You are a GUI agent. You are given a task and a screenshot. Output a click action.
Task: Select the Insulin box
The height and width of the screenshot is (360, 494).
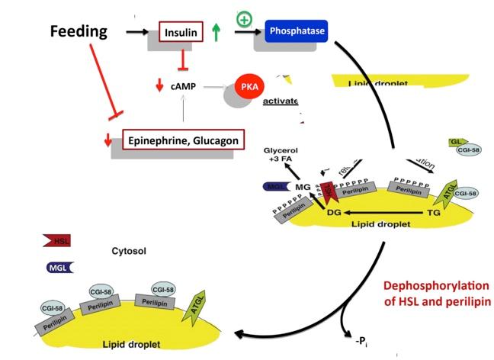[182, 33]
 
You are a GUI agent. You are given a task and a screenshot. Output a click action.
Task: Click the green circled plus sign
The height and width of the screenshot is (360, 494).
[244, 18]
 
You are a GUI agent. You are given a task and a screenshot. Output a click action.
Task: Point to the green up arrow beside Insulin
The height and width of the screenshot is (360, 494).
[217, 33]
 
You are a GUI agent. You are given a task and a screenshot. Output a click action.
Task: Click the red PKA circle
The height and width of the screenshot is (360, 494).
[249, 86]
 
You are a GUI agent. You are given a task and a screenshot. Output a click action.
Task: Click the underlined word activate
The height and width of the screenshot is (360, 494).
[280, 101]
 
